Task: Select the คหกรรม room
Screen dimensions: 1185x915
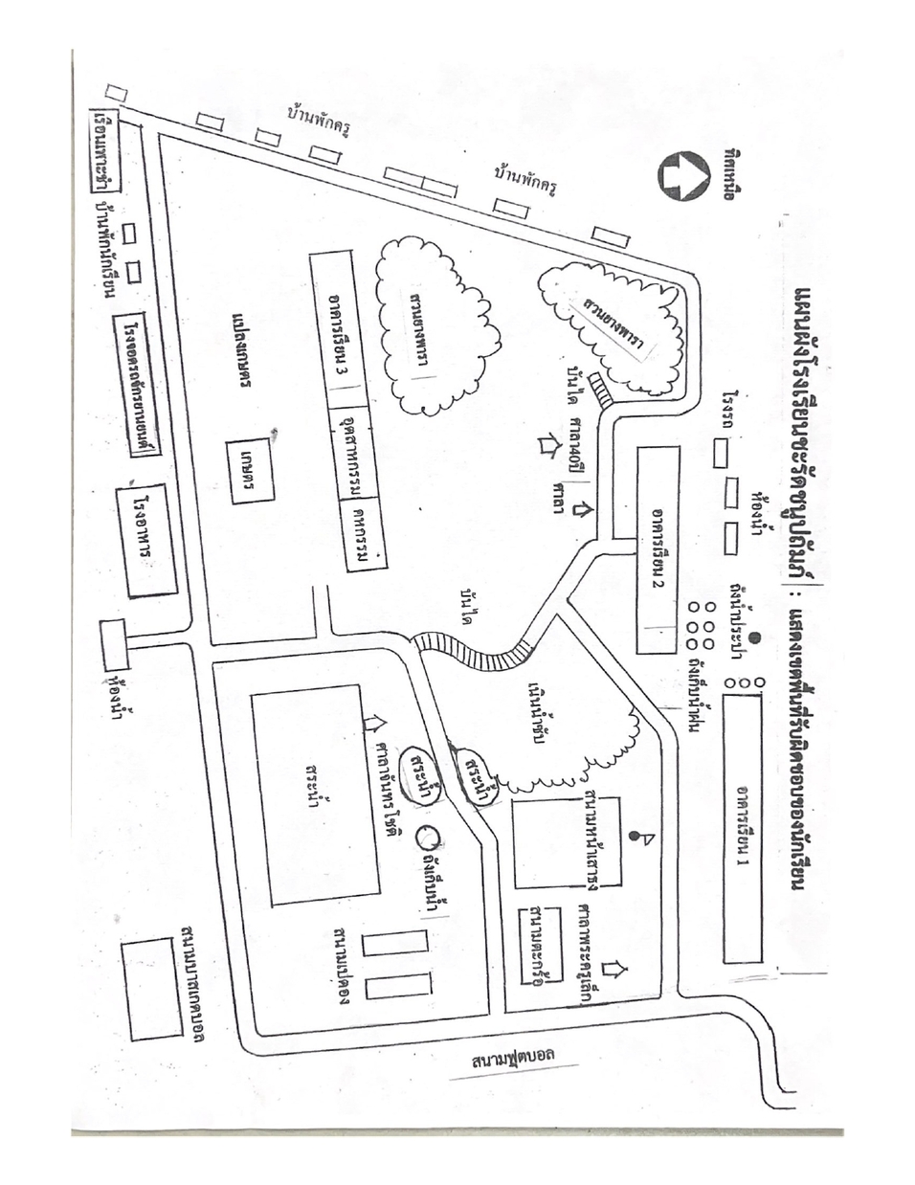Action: (360, 536)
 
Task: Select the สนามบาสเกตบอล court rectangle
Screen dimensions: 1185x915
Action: (152, 989)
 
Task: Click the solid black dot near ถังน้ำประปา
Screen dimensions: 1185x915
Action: (754, 637)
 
